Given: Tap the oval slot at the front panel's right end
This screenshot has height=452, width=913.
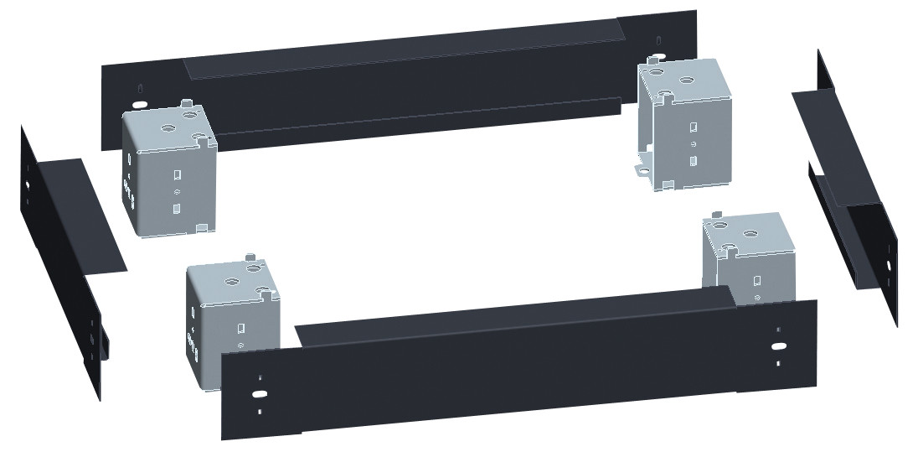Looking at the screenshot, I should pyautogui.click(x=778, y=345).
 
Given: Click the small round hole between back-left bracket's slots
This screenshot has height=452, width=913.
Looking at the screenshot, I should pyautogui.click(x=176, y=192).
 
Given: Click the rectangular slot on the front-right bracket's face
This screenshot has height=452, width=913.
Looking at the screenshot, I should pyautogui.click(x=757, y=281).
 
